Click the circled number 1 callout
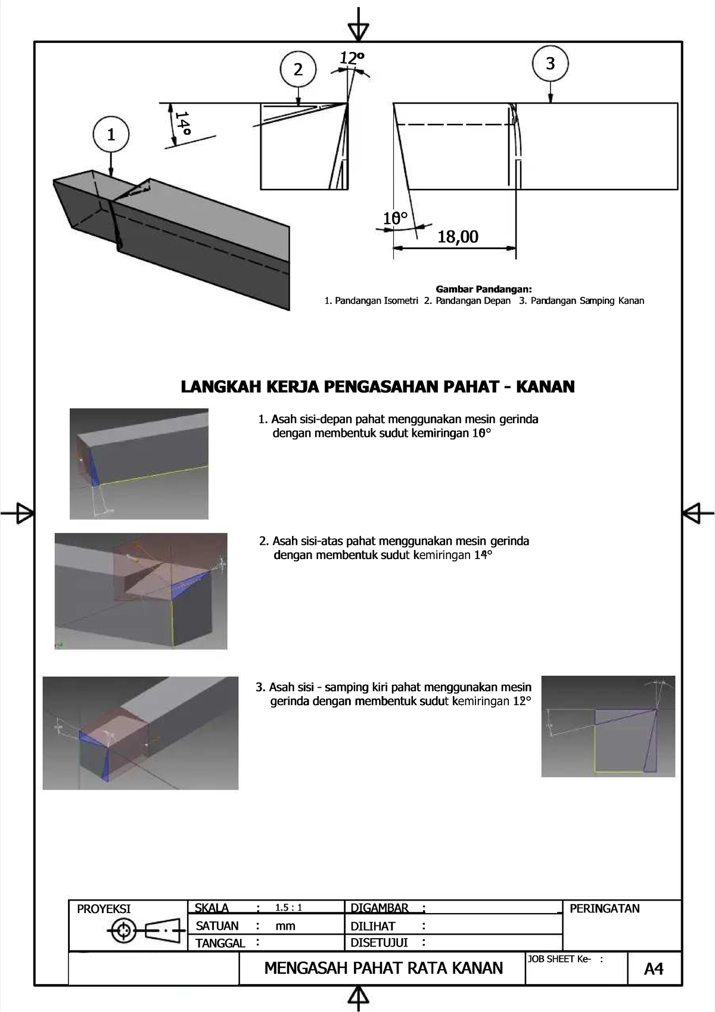click(x=111, y=135)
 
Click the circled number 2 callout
click(x=298, y=69)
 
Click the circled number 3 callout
click(x=550, y=63)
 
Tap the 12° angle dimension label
click(x=351, y=58)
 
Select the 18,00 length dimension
click(x=458, y=237)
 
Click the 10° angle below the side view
click(x=395, y=219)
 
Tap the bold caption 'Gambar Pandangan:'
click(x=484, y=290)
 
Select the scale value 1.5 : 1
click(x=289, y=908)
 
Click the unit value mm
click(x=285, y=926)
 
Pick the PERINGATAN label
click(x=604, y=909)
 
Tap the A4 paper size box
click(x=654, y=969)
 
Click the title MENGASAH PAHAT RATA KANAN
click(x=383, y=968)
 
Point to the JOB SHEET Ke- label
click(x=559, y=959)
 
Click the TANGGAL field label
click(x=220, y=943)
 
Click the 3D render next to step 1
click(x=139, y=464)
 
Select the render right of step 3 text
click(x=608, y=726)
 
